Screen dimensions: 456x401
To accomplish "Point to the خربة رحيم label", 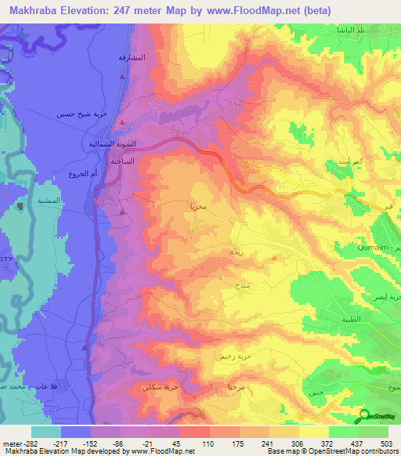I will point(231,355).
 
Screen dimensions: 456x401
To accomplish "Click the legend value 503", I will point(387,443).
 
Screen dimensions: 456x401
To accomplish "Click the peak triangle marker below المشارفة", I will point(121,77).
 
